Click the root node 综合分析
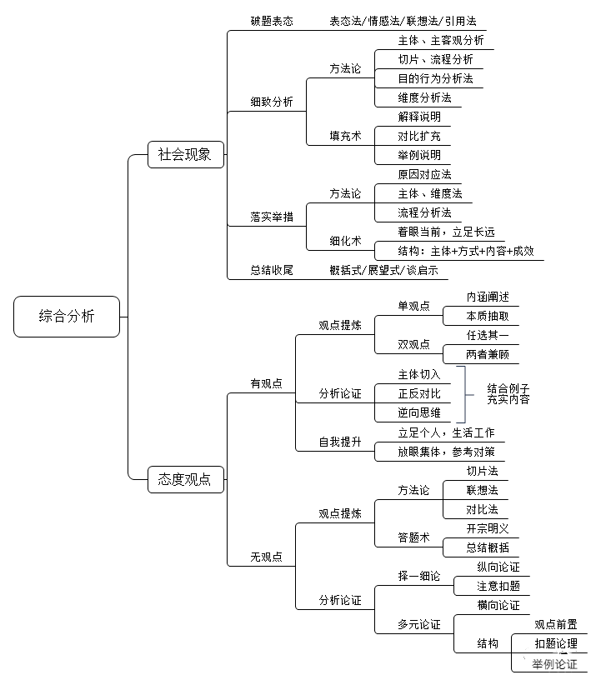tap(67, 317)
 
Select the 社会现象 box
tap(185, 154)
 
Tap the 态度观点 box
tap(185, 479)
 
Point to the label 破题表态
tap(272, 21)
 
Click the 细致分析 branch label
tap(272, 102)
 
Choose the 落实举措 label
tap(272, 217)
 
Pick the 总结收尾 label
tap(272, 270)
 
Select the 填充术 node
tap(345, 136)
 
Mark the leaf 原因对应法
tap(424, 175)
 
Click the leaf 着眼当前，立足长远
tap(446, 232)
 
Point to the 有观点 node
tap(266, 383)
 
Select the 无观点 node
tap(266, 557)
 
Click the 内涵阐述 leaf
tap(488, 297)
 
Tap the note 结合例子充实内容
tap(508, 393)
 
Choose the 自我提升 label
tap(340, 442)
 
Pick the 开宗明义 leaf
tap(488, 529)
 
